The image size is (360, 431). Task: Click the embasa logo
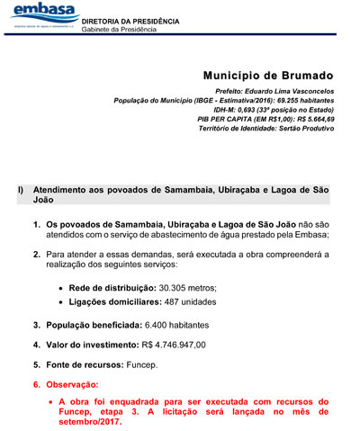40,15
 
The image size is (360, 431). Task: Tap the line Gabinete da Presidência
118,29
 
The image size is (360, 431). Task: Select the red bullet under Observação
50,401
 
